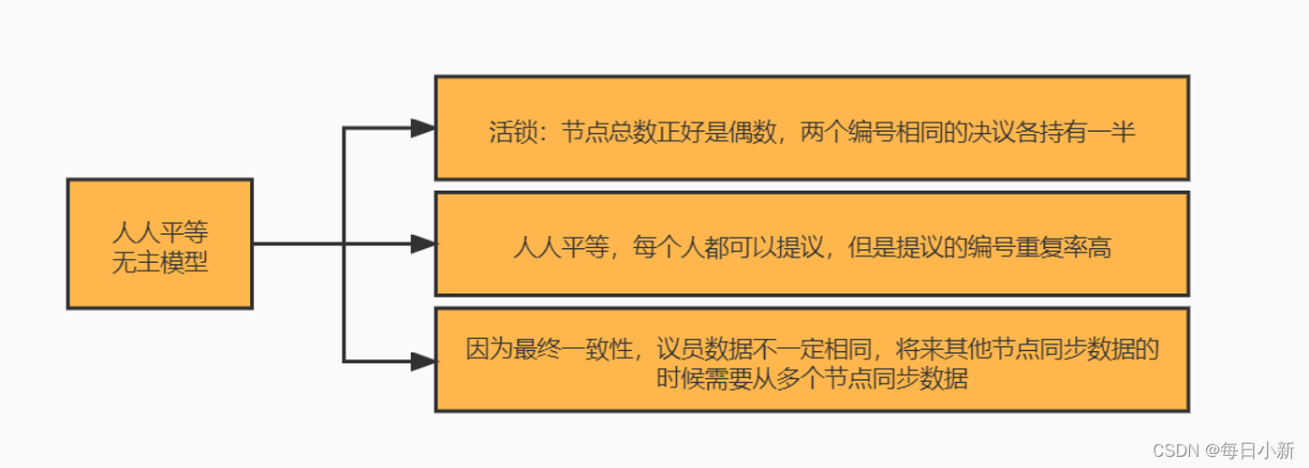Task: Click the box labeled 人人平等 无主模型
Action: [x=159, y=243]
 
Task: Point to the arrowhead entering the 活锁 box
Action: [x=424, y=128]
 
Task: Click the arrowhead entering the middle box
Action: [x=424, y=244]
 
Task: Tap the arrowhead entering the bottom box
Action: [x=424, y=360]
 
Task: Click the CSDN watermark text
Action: [x=1174, y=450]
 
